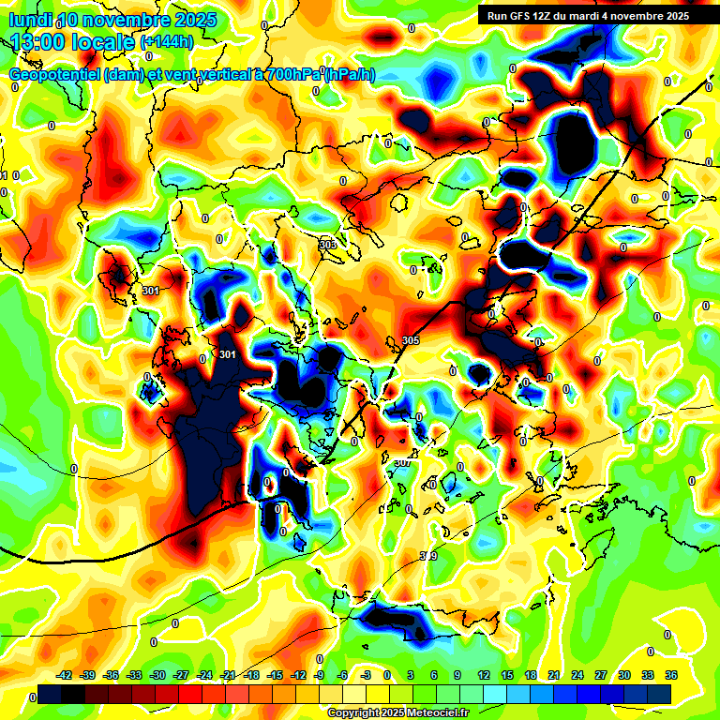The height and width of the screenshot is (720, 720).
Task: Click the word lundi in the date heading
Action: click(30, 20)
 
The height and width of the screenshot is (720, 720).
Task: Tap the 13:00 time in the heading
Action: click(38, 41)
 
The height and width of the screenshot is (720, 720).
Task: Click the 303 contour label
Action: click(327, 245)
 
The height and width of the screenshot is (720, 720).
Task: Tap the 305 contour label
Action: click(410, 339)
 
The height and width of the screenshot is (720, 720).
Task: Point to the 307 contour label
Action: click(402, 462)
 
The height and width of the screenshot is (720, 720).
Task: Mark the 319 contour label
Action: click(427, 556)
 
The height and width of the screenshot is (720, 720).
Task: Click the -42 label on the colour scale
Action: click(65, 675)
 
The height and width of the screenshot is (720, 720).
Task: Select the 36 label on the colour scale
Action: click(671, 675)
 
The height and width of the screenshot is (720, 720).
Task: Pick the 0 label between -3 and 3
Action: click(387, 675)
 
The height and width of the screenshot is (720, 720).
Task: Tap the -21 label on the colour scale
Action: click(228, 675)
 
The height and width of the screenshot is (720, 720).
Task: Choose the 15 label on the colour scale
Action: click(507, 675)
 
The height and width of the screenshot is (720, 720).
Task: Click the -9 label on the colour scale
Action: click(320, 675)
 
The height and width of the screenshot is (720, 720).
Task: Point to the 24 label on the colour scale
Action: click(577, 675)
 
